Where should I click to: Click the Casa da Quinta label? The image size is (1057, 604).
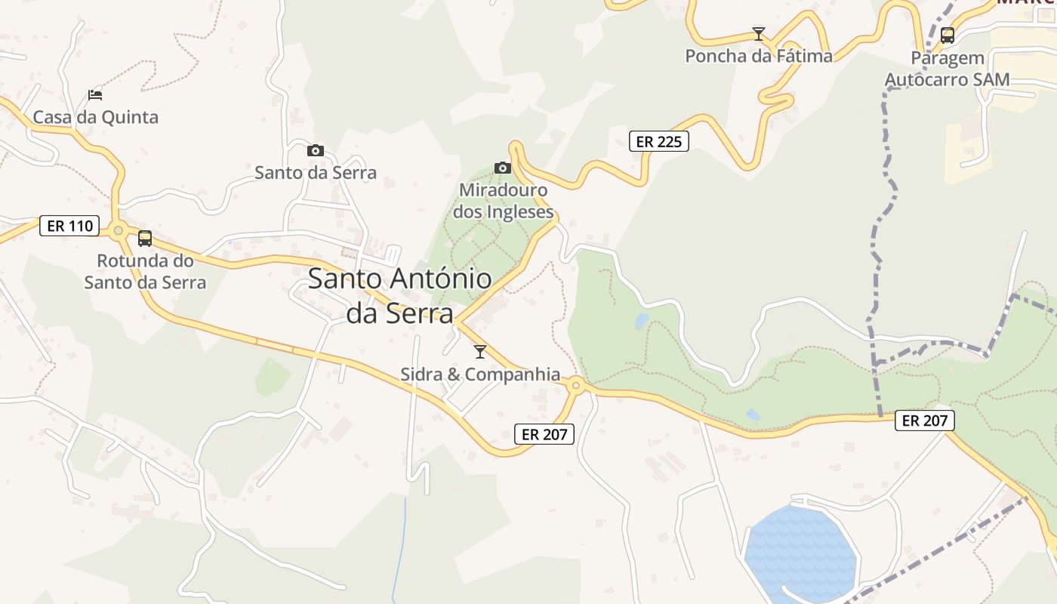(x=95, y=117)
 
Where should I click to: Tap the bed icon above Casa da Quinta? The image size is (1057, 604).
(x=95, y=95)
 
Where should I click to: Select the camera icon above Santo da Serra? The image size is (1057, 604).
(x=316, y=150)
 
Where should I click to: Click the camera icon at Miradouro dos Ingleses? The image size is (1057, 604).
(x=503, y=168)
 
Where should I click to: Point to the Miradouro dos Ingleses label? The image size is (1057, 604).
(x=503, y=201)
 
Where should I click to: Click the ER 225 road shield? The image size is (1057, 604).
(x=659, y=141)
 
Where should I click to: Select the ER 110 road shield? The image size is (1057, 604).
(x=69, y=226)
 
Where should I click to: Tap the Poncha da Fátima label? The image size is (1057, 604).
(x=759, y=56)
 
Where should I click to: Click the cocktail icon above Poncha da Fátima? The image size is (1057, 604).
(x=759, y=34)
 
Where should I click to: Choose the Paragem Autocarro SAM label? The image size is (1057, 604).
(x=948, y=69)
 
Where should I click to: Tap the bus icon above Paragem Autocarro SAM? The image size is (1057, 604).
(x=948, y=35)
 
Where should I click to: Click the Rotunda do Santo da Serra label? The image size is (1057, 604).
(x=145, y=272)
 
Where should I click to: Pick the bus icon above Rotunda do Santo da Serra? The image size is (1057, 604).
(x=145, y=239)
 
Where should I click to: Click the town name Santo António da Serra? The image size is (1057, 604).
(x=400, y=295)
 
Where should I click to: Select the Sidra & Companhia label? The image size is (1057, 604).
(x=480, y=374)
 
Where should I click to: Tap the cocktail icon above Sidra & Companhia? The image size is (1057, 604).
(x=480, y=351)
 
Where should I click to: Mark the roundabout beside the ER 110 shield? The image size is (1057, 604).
(x=118, y=230)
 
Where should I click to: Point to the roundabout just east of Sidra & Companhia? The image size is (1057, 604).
(x=576, y=386)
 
